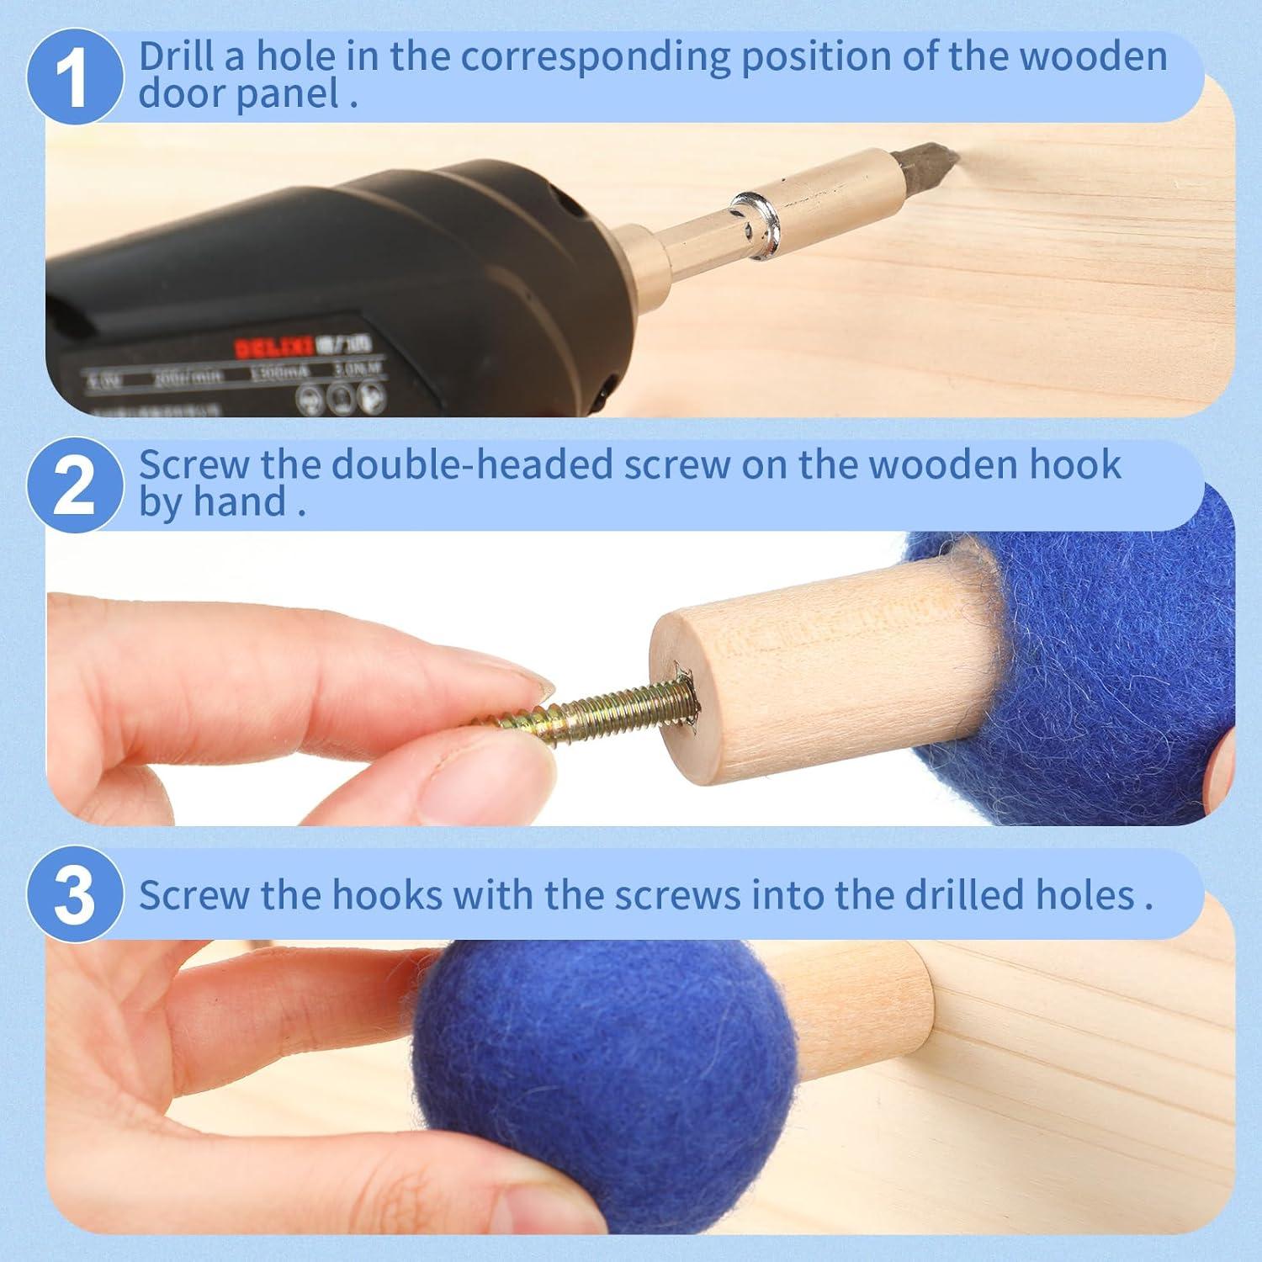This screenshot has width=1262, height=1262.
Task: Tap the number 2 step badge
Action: (75, 485)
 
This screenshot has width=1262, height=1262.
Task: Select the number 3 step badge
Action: (75, 895)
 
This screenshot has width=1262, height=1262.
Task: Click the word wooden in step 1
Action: (1093, 56)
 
